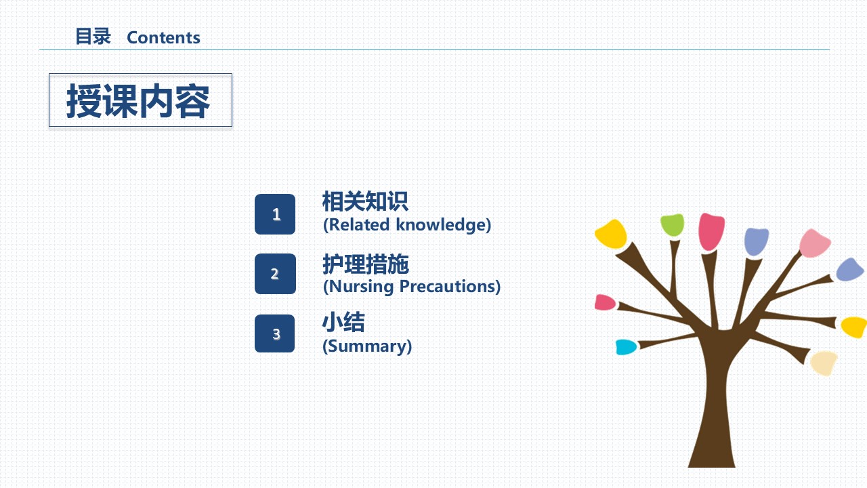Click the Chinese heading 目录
(x=93, y=37)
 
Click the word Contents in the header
(x=163, y=37)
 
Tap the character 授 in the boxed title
(x=85, y=101)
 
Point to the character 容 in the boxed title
(x=192, y=101)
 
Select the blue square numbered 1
(x=275, y=214)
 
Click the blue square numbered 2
(x=275, y=274)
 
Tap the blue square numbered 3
(x=274, y=333)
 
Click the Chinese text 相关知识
(x=365, y=201)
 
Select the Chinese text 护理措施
(x=366, y=264)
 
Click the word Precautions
(x=448, y=287)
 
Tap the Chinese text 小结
(x=343, y=322)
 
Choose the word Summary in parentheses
(x=367, y=346)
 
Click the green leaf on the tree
(x=672, y=224)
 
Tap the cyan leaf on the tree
(x=626, y=347)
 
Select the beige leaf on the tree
(x=824, y=363)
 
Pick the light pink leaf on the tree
(x=814, y=243)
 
